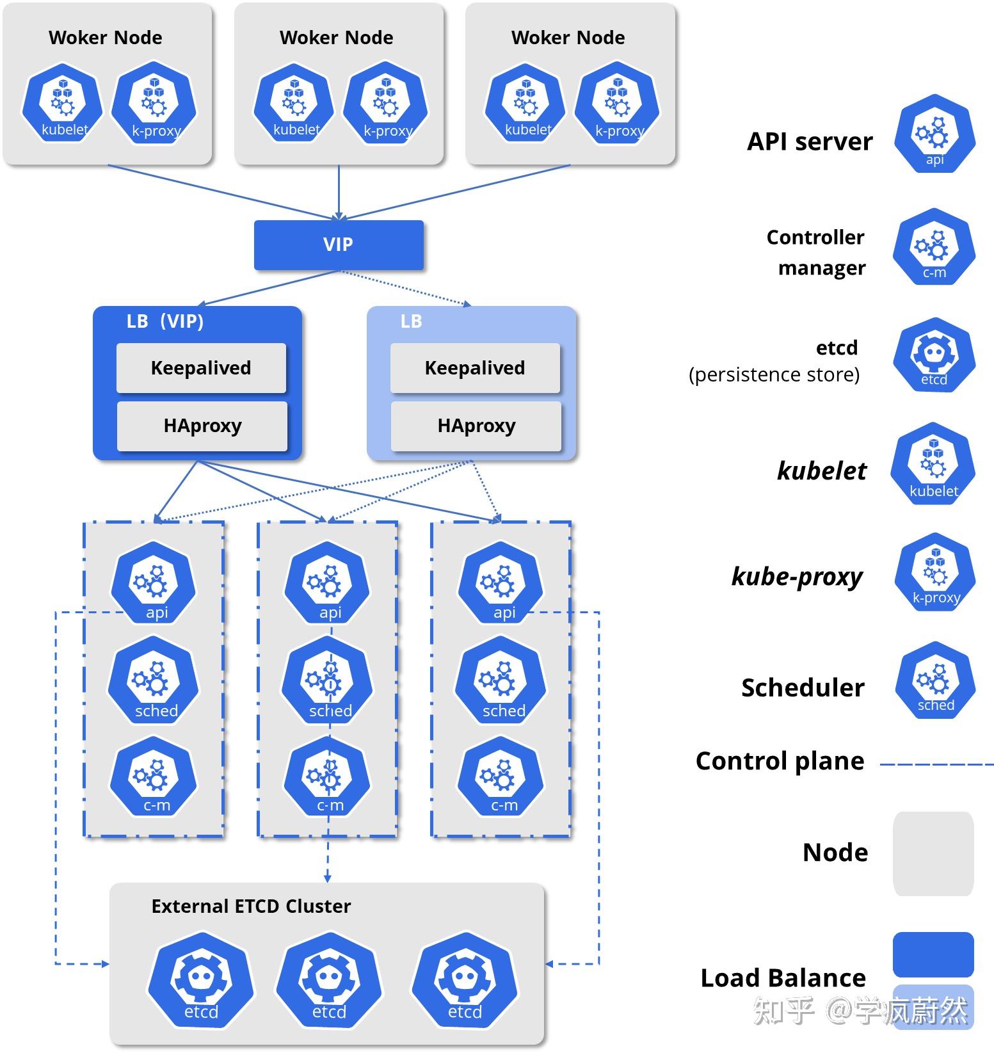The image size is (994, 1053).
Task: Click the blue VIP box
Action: [339, 245]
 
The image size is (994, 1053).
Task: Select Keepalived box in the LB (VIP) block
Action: [201, 368]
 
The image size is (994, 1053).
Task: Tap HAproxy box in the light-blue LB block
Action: [476, 426]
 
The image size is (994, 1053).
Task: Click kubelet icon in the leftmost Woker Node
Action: [63, 102]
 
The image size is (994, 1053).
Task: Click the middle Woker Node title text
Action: [336, 38]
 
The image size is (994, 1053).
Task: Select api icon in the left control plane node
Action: [153, 583]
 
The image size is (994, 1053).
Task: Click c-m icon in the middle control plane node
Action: [327, 777]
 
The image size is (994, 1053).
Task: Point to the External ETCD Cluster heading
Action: [251, 906]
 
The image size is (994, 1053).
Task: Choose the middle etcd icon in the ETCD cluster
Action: [329, 981]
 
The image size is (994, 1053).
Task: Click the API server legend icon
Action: [934, 134]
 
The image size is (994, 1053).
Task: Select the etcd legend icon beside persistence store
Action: [934, 355]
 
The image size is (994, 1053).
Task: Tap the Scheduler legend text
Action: [803, 687]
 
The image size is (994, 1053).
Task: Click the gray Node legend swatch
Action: [933, 853]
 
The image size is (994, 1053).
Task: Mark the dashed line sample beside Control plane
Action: [936, 764]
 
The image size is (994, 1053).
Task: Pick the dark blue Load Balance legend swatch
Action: [933, 954]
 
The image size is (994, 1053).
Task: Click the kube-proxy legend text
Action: [798, 577]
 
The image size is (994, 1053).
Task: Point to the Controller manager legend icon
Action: [934, 246]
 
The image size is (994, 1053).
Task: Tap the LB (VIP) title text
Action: [165, 321]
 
